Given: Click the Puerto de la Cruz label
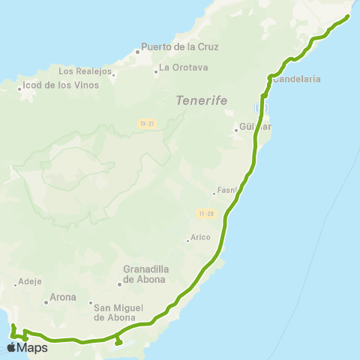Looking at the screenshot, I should (x=184, y=46).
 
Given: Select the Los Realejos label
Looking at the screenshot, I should (x=85, y=72).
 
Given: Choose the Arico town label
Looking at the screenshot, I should (x=200, y=237).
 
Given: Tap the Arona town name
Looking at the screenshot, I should (x=63, y=297).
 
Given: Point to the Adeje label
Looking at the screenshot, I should (x=27, y=283).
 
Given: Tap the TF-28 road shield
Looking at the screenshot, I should (x=206, y=214).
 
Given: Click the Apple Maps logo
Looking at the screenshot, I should (x=27, y=347).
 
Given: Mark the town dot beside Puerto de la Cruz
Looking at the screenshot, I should (x=138, y=52).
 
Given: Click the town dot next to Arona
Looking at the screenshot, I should (x=46, y=302).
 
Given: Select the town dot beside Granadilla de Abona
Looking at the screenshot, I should (x=120, y=284).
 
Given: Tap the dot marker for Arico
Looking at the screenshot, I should (x=187, y=241).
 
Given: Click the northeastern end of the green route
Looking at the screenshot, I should (x=349, y=16).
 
